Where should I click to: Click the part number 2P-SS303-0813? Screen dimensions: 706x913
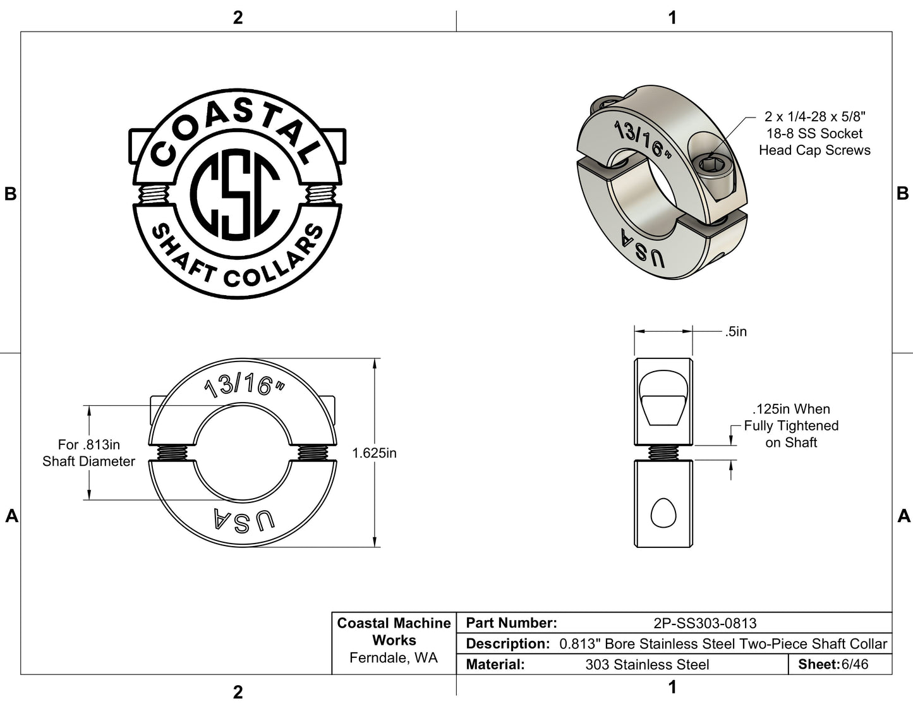(704, 623)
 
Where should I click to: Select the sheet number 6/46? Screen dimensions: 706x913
(855, 664)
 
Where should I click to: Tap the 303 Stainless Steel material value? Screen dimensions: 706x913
(647, 665)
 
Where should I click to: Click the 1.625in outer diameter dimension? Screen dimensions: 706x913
(375, 453)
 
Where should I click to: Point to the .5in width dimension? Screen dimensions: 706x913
(736, 332)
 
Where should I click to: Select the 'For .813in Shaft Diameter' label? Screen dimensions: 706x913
(88, 453)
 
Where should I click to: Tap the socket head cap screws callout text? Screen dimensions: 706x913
(814, 133)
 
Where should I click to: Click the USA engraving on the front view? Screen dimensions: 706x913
(244, 520)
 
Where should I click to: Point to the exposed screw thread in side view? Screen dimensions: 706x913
(663, 452)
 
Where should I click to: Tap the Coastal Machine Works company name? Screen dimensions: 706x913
(394, 631)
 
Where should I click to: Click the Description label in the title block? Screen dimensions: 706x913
(507, 644)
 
